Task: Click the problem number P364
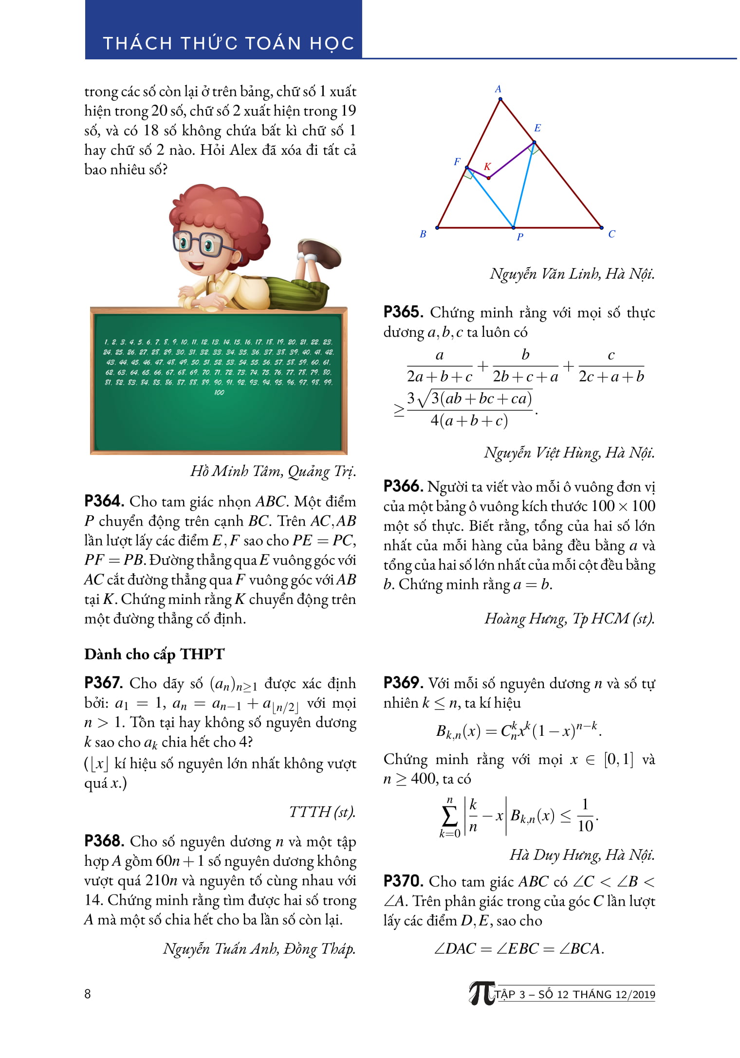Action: [104, 501]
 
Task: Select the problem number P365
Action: [403, 312]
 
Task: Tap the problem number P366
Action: [403, 486]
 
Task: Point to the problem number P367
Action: [104, 683]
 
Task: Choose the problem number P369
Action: [403, 683]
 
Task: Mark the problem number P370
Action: [403, 881]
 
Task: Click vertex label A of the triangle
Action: [498, 89]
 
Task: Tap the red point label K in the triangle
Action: [487, 167]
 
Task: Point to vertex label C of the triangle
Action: [611, 234]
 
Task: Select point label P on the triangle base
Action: [520, 237]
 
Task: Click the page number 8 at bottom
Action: [88, 994]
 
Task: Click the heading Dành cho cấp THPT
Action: [154, 654]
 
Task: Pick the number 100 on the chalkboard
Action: [219, 393]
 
